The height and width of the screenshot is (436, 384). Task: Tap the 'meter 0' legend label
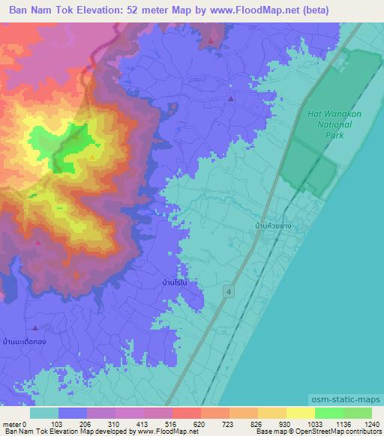tap(13, 424)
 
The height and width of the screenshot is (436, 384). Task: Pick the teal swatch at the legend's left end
tap(44, 413)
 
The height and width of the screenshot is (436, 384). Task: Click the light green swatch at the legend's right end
tap(358, 413)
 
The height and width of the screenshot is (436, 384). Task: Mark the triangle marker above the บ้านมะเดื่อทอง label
tap(35, 327)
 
